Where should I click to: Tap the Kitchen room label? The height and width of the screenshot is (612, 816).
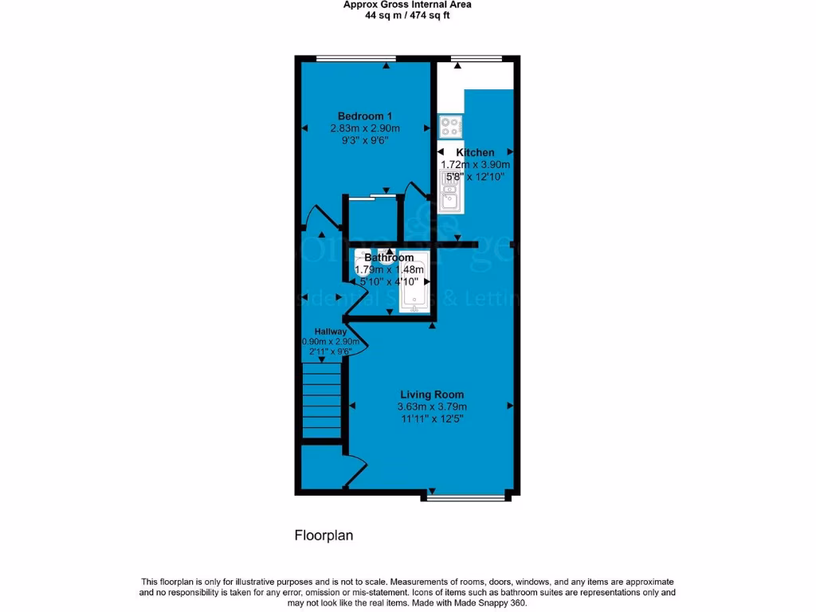475,152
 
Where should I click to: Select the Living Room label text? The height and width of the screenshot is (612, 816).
431,394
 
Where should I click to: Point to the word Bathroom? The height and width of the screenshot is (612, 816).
389,258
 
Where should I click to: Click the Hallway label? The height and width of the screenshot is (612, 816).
330,331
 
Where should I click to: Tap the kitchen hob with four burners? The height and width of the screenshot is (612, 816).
450,126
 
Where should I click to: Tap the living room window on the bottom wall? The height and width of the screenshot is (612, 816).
465,498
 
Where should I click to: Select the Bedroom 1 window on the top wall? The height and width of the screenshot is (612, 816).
355,58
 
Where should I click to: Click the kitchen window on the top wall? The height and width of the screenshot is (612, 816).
476,58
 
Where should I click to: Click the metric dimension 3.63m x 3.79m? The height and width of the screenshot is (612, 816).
431,407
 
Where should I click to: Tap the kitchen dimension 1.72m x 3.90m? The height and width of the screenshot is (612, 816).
476,165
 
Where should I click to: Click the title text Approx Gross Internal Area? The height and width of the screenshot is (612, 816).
407,5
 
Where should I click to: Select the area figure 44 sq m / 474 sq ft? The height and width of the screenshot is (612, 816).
407,15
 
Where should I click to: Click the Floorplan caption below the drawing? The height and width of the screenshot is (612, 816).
324,535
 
